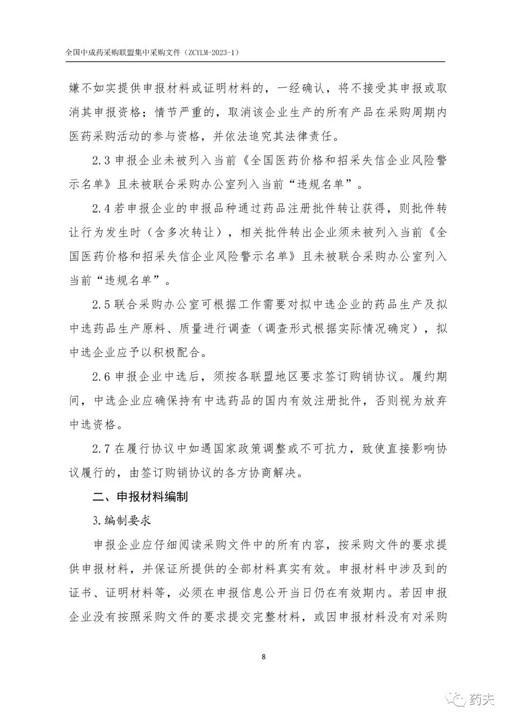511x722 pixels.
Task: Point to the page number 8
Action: point(264,657)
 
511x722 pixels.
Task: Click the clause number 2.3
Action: point(101,160)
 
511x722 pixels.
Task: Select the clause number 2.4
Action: point(101,209)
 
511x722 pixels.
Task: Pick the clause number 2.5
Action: point(101,305)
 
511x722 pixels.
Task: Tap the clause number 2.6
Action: point(101,377)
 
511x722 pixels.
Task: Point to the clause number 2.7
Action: point(101,449)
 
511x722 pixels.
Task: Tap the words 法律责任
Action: point(317,137)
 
